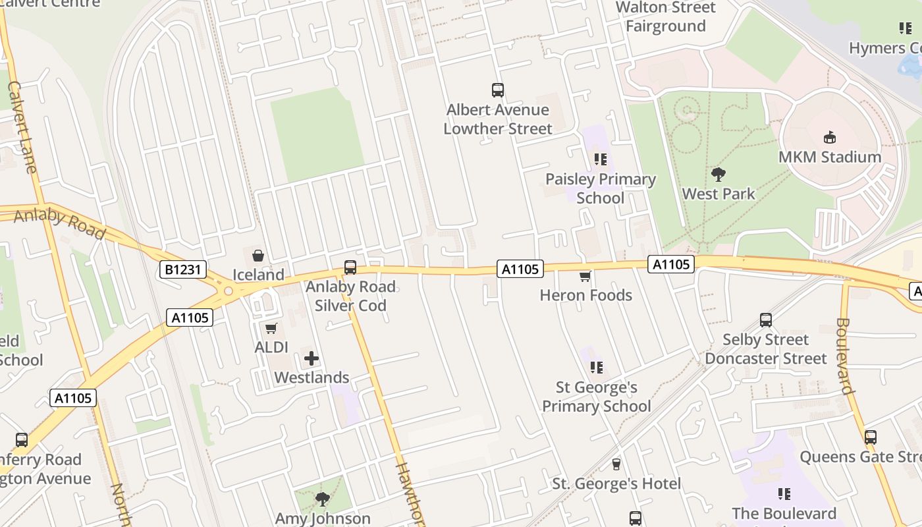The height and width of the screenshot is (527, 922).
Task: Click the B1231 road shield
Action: click(183, 269)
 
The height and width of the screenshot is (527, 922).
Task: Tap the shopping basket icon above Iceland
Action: click(258, 255)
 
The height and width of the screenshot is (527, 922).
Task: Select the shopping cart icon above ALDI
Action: click(271, 328)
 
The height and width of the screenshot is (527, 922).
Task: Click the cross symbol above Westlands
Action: click(312, 358)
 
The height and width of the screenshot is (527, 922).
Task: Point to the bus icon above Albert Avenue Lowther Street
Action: click(498, 90)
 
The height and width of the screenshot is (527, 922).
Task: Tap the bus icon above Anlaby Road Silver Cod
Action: click(350, 267)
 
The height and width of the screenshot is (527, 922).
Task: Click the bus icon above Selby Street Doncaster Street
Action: click(765, 320)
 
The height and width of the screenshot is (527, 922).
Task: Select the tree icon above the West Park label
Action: click(718, 175)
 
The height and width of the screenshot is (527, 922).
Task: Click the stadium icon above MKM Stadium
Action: click(829, 138)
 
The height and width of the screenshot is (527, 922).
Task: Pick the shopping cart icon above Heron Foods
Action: click(585, 276)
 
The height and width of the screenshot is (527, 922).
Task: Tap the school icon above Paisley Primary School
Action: click(600, 159)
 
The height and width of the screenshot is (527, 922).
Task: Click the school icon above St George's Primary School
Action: click(596, 368)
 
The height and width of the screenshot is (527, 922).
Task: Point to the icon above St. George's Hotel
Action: click(616, 464)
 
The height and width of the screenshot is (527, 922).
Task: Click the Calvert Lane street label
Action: click(22, 128)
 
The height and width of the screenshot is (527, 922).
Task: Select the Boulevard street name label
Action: click(846, 356)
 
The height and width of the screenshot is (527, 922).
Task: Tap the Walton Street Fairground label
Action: click(665, 17)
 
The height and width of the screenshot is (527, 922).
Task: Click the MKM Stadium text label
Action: click(830, 157)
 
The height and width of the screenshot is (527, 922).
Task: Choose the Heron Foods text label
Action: click(585, 295)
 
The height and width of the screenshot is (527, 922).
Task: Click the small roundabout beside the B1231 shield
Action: click(228, 291)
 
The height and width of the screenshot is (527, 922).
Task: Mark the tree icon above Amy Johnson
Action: click(322, 499)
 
